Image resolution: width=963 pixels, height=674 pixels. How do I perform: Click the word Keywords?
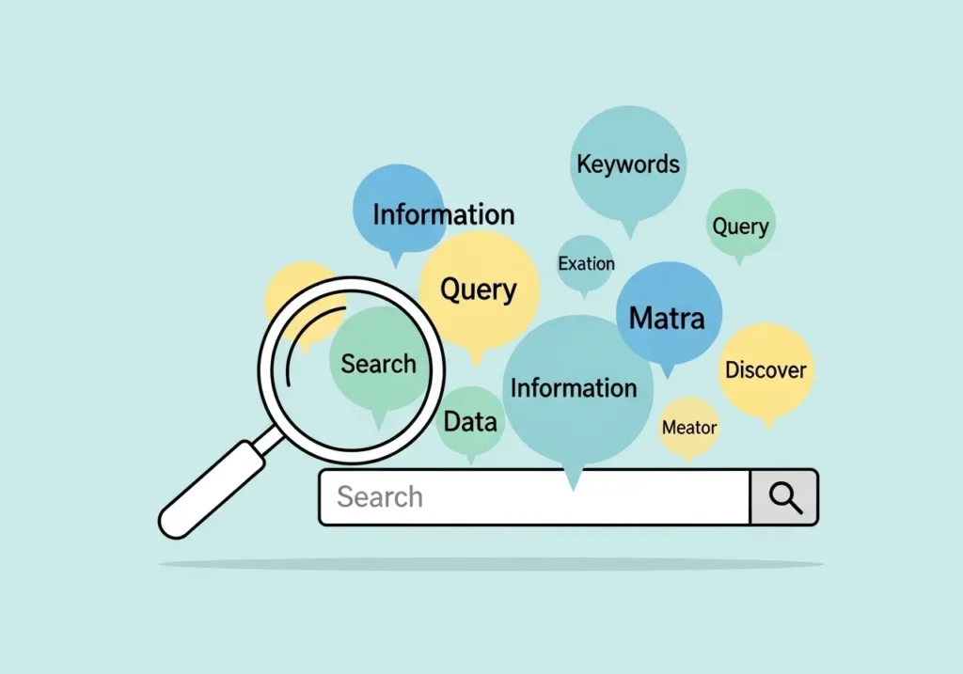(x=627, y=165)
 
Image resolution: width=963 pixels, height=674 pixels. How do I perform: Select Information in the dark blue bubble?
(x=443, y=214)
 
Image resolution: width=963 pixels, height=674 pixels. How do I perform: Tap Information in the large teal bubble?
(x=573, y=387)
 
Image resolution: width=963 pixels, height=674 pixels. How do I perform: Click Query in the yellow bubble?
(x=479, y=290)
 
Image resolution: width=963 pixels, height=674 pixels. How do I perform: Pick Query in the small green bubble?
(x=740, y=227)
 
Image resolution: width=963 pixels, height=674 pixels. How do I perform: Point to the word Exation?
(x=586, y=264)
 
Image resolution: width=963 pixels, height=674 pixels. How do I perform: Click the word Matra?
(x=667, y=318)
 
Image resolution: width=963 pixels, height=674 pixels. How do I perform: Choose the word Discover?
(x=766, y=370)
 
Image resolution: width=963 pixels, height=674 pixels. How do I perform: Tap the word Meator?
(x=689, y=428)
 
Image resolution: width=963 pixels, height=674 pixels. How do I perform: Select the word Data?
(x=469, y=422)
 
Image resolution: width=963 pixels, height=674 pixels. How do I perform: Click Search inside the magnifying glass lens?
(x=378, y=364)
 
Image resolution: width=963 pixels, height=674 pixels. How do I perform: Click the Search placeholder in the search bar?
(x=380, y=496)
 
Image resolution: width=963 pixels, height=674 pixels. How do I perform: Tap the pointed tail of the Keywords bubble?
(x=630, y=229)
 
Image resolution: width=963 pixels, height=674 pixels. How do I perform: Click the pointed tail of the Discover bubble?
(x=768, y=422)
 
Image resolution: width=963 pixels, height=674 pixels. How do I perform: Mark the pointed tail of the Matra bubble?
(x=668, y=370)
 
